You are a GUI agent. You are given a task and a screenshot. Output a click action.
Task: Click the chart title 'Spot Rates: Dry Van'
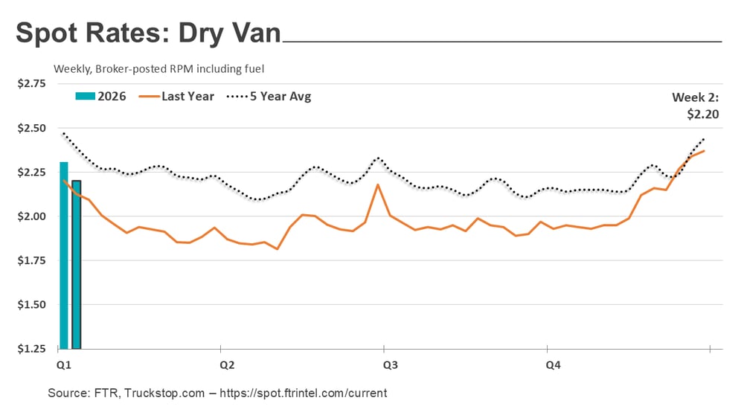pos(148,33)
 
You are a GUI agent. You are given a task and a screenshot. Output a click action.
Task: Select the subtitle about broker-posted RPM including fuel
pos(159,68)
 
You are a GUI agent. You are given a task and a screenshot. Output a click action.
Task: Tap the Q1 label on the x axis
pos(63,365)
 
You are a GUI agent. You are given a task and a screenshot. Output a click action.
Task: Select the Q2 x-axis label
pos(227,365)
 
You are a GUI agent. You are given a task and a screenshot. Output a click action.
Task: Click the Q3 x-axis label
pos(390,365)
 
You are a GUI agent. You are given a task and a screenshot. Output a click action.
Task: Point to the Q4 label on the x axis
pos(554,365)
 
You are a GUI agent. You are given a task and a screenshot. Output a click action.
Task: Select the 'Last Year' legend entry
pos(179,96)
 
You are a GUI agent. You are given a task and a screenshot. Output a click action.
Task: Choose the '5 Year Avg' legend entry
pos(268,96)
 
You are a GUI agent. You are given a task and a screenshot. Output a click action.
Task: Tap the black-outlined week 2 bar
pos(76,265)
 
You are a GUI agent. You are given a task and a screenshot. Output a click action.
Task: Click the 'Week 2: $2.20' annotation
pos(695,106)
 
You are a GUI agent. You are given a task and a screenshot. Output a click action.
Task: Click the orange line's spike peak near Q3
pos(379,184)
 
